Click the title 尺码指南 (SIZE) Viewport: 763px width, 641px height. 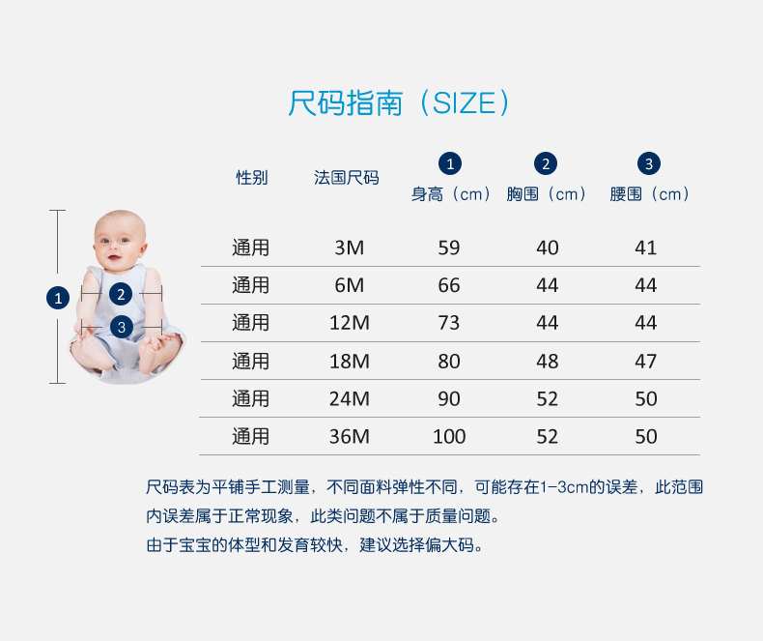(398, 102)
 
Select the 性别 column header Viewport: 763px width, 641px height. (251, 178)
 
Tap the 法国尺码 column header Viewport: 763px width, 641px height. (346, 178)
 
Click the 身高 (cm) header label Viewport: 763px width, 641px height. (451, 194)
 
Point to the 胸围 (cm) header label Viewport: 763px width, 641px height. (547, 194)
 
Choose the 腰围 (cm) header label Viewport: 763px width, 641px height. (650, 194)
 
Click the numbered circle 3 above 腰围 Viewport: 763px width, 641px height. (649, 163)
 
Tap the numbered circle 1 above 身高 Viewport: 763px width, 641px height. (450, 163)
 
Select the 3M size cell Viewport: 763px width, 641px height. (350, 248)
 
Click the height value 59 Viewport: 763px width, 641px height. (449, 248)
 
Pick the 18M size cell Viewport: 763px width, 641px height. (350, 362)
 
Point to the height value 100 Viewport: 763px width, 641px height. (449, 436)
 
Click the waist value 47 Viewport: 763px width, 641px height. (646, 362)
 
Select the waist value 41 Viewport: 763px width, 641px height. (646, 248)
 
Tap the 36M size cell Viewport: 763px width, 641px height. (350, 436)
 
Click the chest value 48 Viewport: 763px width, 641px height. (548, 362)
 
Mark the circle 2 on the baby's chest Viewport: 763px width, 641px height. (121, 294)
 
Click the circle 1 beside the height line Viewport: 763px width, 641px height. (58, 298)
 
